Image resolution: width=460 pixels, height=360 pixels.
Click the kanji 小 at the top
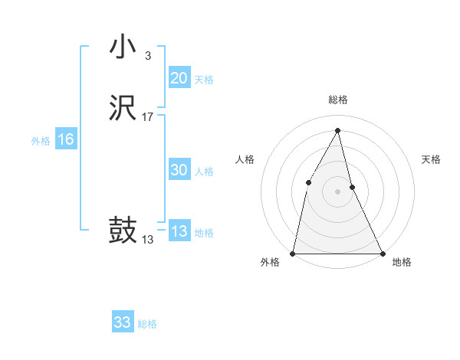coord(123,47)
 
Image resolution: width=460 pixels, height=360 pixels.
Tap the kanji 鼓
coord(123,230)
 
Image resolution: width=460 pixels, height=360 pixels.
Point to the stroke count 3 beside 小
coord(147,56)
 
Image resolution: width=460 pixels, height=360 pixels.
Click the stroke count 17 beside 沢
coord(148,117)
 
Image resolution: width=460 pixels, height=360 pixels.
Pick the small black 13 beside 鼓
coord(148,240)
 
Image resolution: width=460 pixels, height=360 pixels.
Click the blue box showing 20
coord(179,78)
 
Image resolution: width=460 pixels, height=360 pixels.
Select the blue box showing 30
coord(179,171)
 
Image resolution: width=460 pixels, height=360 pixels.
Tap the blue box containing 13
coord(179,231)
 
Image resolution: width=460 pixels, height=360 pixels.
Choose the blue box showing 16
coord(65,139)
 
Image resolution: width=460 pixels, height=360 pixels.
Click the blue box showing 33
coord(122,322)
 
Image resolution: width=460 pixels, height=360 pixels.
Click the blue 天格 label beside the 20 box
coord(204,80)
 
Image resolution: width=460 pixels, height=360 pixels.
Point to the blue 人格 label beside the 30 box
coord(204,172)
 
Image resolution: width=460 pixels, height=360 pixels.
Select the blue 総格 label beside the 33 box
coord(147,324)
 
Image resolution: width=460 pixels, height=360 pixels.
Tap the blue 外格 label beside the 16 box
coord(41,141)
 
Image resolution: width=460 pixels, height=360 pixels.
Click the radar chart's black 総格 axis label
coord(337,100)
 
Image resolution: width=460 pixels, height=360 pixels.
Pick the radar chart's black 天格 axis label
coord(432,159)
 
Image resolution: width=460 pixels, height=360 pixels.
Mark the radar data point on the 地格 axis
coord(382,253)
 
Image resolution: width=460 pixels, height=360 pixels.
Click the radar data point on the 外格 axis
coord(293,253)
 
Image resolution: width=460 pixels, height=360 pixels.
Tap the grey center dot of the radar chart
coord(337,191)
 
